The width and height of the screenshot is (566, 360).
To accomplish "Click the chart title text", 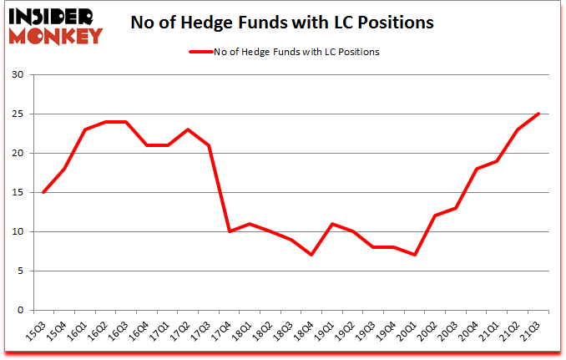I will pos(282,23).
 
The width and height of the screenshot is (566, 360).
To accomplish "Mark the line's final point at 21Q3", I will pos(539,114).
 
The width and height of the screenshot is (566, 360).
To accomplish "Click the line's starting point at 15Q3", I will pos(43,192).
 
